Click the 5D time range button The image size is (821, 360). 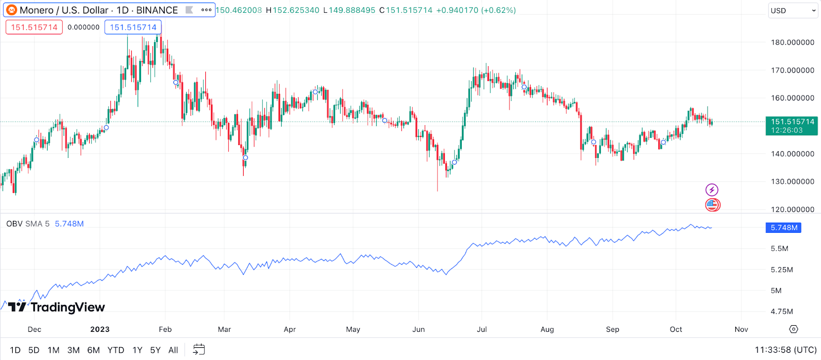pyautogui.click(x=34, y=350)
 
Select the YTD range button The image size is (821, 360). pyautogui.click(x=115, y=350)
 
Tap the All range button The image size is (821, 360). pyautogui.click(x=173, y=350)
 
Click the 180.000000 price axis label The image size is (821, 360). pyautogui.click(x=792, y=43)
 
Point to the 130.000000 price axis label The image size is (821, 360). pyautogui.click(x=792, y=182)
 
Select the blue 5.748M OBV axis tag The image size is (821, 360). pyautogui.click(x=784, y=228)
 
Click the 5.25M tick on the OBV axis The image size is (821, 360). pyautogui.click(x=781, y=270)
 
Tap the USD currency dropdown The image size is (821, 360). pyautogui.click(x=793, y=10)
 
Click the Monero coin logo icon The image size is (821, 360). pyautogui.click(x=11, y=10)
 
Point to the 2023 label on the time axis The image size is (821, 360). pyautogui.click(x=100, y=329)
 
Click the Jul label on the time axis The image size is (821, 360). pyautogui.click(x=482, y=329)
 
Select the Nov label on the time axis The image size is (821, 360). pyautogui.click(x=741, y=329)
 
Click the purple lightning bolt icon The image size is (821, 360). pyautogui.click(x=712, y=190)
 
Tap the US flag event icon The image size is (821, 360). pyautogui.click(x=712, y=205)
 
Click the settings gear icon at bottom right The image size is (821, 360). pyautogui.click(x=793, y=329)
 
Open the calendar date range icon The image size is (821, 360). pyautogui.click(x=199, y=350)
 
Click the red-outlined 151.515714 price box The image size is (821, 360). pyautogui.click(x=34, y=27)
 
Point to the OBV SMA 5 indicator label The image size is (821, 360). pyautogui.click(x=28, y=224)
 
